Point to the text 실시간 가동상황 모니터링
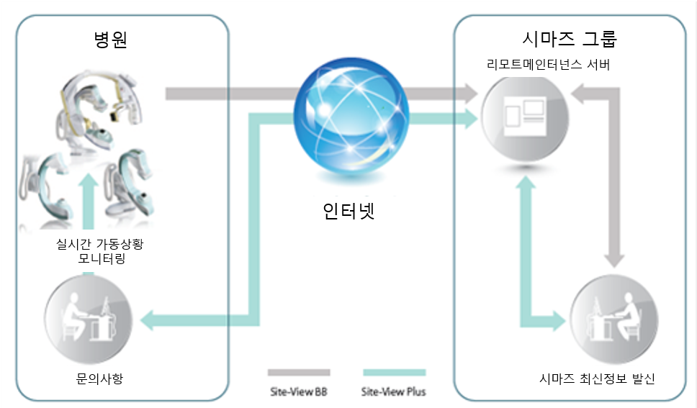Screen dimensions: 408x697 tap(101, 251)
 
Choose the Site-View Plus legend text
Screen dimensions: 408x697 tap(393, 391)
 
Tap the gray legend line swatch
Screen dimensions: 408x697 tap(298, 373)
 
